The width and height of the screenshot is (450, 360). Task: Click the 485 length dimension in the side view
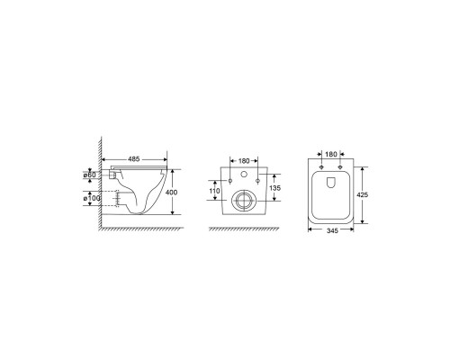pos(134,159)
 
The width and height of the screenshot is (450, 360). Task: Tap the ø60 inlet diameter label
pos(89,175)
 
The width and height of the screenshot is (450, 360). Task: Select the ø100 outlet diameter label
pos(92,198)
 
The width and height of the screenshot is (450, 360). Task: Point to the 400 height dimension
pos(171,192)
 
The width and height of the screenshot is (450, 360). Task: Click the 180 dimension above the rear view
pos(244,161)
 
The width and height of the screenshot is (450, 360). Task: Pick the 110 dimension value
pos(214,191)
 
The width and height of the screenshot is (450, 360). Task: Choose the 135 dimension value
pos(275,188)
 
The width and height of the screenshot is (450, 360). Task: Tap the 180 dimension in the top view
pos(331,154)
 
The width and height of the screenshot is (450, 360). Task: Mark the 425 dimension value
pos(362,194)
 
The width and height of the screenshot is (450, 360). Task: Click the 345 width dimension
pos(332,230)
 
